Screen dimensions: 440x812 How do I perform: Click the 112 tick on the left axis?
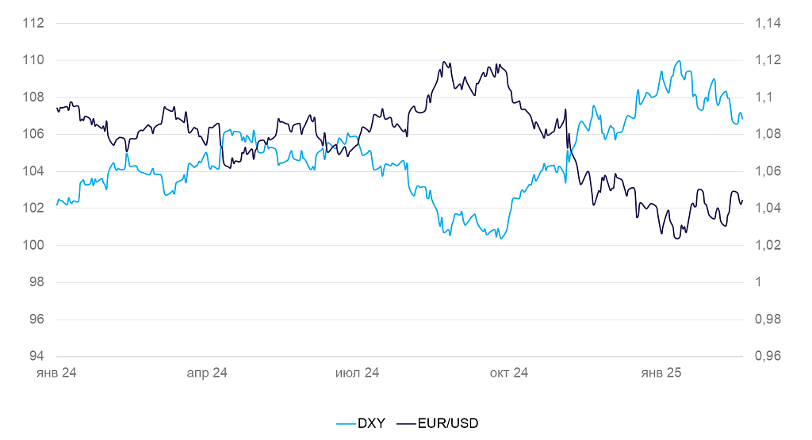[x=33, y=23]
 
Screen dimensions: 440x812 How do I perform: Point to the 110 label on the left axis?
[x=33, y=60]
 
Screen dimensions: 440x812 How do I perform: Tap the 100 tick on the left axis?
[x=33, y=245]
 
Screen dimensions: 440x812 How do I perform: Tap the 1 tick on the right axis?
[x=759, y=282]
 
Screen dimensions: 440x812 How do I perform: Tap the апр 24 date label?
[x=207, y=373]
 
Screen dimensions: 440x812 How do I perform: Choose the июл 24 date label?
[x=358, y=373]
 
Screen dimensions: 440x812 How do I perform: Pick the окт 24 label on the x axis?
[x=509, y=373]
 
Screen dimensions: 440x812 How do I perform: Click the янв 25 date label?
[x=661, y=373]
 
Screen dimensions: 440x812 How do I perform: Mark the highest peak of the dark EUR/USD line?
[x=444, y=62]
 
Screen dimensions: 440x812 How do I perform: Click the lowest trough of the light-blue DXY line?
[x=500, y=239]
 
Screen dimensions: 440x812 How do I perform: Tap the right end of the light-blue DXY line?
[x=742, y=119]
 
